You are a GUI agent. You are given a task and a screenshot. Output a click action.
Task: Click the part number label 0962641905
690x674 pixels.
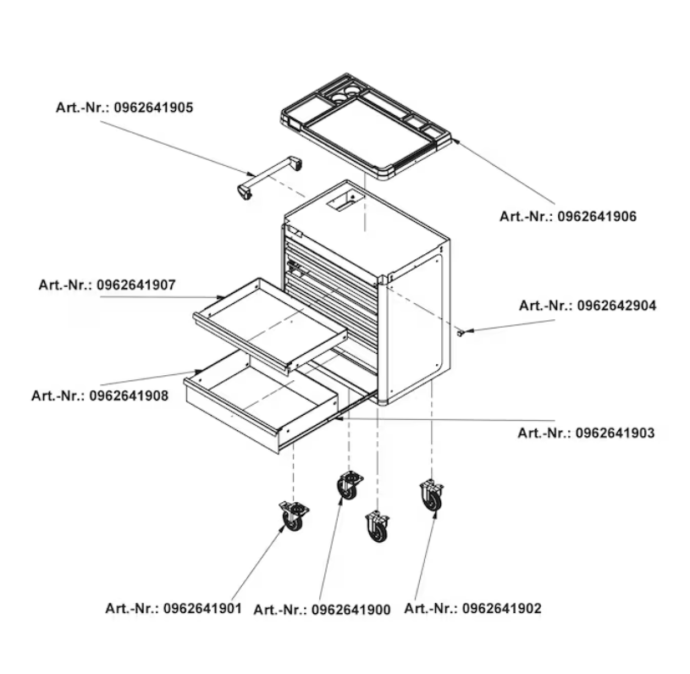point(124,108)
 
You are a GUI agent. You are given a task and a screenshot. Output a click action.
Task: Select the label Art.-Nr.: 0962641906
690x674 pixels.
point(567,217)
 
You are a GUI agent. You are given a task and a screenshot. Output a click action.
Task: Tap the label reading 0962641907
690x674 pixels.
point(107,285)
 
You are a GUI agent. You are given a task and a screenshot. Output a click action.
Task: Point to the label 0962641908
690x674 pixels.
point(100,395)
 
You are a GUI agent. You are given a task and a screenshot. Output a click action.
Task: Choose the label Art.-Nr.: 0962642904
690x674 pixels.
point(588,306)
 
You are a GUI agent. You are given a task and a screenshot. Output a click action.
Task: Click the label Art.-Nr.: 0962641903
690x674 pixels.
point(586,434)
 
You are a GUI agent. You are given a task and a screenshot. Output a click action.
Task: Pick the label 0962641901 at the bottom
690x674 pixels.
point(174,608)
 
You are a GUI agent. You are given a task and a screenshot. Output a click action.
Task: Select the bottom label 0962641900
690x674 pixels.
point(322,610)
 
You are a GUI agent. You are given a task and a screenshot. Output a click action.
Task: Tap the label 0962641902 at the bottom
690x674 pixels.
point(472,608)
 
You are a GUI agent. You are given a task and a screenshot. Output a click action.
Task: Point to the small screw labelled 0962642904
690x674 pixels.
point(461,333)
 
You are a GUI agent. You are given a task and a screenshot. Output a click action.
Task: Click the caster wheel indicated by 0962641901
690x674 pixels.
point(293,517)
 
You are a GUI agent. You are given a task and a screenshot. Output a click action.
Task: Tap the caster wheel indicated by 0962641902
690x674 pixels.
point(432,495)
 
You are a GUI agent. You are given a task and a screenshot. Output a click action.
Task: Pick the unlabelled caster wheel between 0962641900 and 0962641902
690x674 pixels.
point(378,527)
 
